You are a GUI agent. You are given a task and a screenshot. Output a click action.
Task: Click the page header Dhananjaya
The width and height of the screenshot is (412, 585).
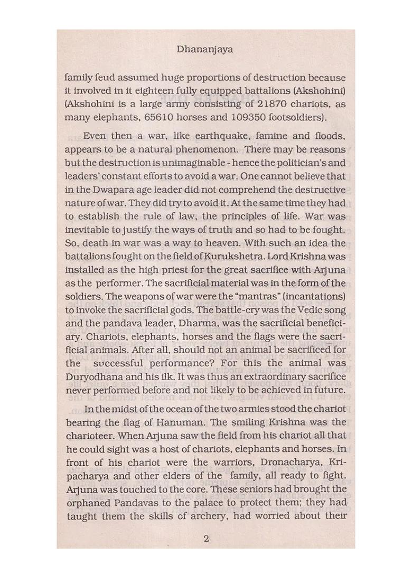coord(206,50)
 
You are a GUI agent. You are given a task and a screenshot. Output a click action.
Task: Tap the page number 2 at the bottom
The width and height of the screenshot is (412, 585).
coord(206,539)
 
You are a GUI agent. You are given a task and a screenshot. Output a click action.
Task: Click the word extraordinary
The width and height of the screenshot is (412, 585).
coord(271,376)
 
